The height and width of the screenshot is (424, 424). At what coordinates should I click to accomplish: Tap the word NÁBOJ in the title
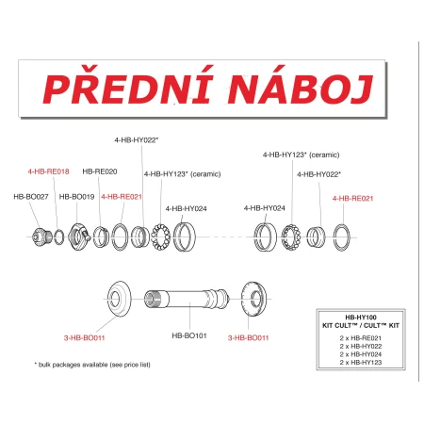301,85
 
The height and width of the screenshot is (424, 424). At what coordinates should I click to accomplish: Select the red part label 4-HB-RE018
48,171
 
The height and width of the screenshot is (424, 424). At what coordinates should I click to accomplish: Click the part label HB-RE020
100,171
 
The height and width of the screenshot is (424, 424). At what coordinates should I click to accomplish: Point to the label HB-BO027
31,197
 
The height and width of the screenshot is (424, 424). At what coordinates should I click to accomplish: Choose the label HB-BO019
76,197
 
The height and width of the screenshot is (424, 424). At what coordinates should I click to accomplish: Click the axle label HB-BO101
189,335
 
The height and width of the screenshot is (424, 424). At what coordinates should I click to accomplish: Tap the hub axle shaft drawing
187,299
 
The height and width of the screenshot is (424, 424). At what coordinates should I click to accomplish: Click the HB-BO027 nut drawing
41,236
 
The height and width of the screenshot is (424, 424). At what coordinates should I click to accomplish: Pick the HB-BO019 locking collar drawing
79,237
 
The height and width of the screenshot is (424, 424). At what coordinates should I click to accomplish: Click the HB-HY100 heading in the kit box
361,318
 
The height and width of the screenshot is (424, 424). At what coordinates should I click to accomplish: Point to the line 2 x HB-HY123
361,362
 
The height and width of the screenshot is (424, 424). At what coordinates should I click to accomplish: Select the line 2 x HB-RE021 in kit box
361,338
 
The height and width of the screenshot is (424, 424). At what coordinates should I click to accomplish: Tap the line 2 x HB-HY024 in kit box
361,354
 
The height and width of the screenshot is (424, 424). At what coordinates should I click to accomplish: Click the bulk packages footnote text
92,365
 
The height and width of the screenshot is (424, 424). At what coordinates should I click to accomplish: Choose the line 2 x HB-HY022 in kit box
361,346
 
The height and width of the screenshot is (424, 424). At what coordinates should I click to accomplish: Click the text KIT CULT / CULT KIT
361,325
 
